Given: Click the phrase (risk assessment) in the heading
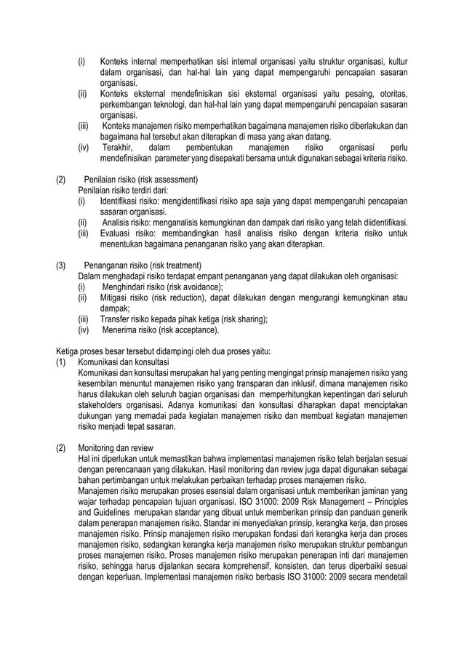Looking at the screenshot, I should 168,180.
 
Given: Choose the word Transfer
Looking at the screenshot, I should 115,319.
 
